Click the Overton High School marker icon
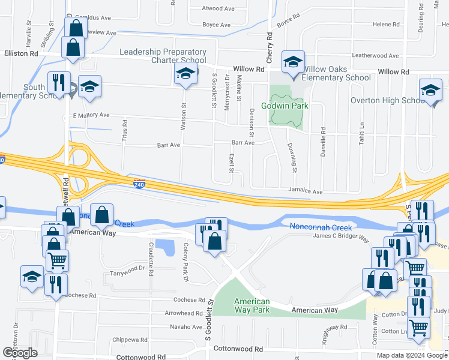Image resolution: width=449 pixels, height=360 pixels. tap(430, 90)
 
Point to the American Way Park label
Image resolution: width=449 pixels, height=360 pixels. tap(252, 306)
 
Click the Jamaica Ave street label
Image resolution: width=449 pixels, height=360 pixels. tap(305, 192)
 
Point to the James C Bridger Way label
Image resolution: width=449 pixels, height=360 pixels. tap(341, 237)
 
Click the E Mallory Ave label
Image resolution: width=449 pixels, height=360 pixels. tap(91, 115)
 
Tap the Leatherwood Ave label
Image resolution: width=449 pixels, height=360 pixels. tap(376, 56)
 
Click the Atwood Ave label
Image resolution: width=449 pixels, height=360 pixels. tap(217, 9)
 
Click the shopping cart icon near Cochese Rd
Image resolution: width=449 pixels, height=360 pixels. tap(57, 260)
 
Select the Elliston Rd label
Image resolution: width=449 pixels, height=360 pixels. tap(22, 54)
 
